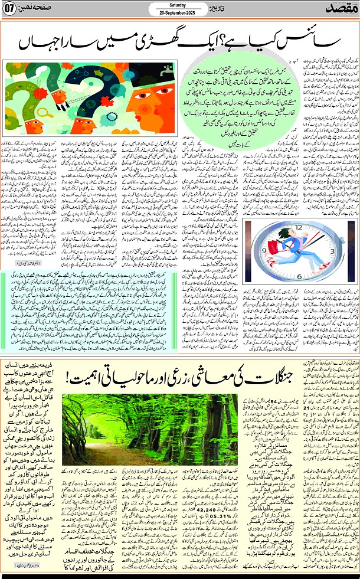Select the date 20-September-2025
174,14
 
